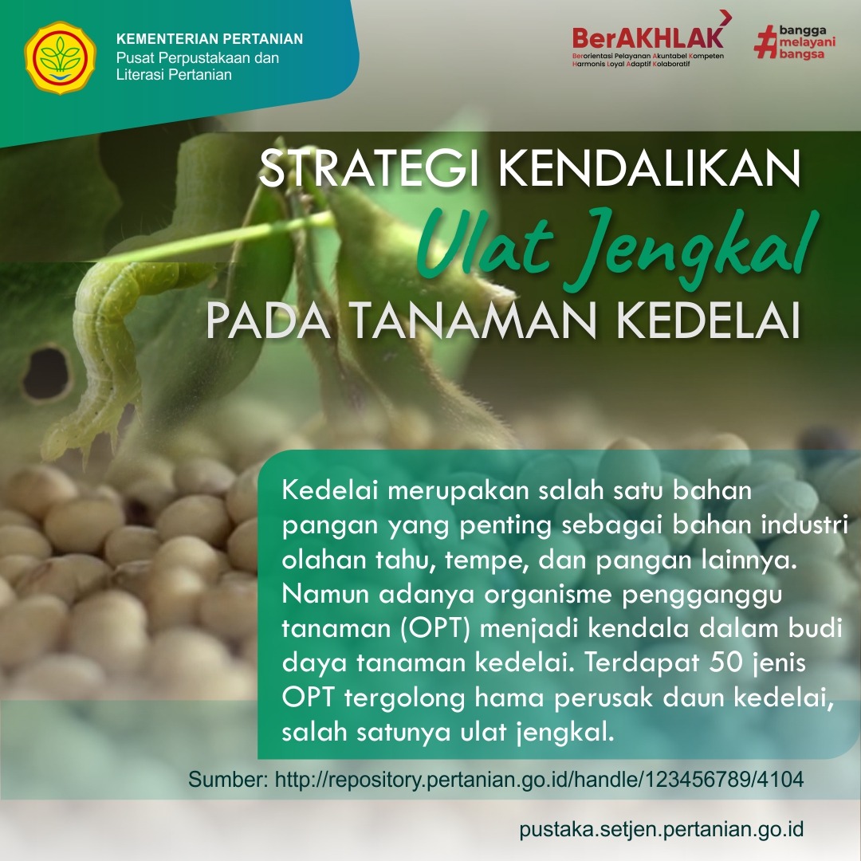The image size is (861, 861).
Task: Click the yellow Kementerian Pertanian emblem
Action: click(x=60, y=57)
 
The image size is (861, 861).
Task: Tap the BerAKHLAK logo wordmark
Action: click(x=648, y=37)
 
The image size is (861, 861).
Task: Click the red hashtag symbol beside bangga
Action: click(x=765, y=41)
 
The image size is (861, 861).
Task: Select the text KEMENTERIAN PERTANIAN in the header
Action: click(x=210, y=39)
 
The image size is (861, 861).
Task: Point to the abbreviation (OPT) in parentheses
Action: click(x=435, y=628)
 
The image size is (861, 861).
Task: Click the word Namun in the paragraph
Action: click(x=325, y=594)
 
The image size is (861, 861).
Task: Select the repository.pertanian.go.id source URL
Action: click(x=539, y=779)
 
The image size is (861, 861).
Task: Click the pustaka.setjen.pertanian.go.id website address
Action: click(x=662, y=829)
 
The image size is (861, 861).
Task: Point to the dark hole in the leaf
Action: click(x=47, y=373)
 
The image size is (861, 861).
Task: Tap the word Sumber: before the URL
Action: click(x=229, y=779)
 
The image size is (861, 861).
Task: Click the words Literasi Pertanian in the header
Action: click(x=174, y=75)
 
